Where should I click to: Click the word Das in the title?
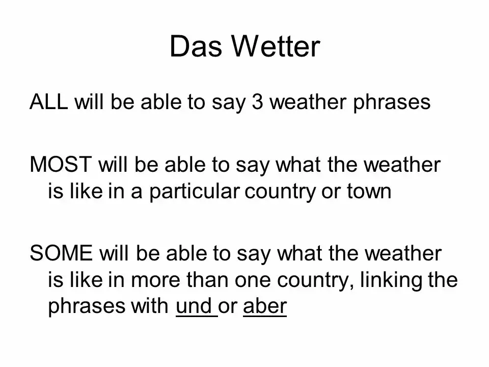click(196, 46)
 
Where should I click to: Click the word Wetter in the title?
click(276, 46)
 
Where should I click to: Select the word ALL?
click(49, 102)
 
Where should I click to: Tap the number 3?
click(257, 102)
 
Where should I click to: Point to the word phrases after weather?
click(392, 102)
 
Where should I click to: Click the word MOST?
click(61, 165)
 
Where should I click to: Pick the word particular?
click(195, 192)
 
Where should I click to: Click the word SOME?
click(61, 253)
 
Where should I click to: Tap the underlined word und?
click(194, 306)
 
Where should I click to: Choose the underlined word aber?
click(265, 306)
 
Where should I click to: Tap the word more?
click(155, 280)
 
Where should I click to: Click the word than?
click(208, 279)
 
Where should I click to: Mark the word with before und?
click(149, 306)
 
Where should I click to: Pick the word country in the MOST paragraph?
click(280, 192)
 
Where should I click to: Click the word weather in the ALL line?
click(308, 102)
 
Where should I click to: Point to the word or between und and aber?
click(228, 307)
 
